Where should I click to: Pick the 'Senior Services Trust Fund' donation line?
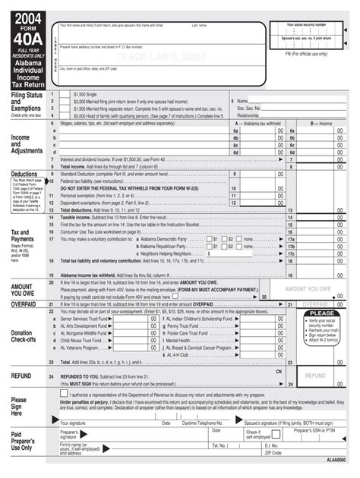tap(84, 319)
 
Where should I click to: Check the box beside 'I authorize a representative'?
tap(63, 393)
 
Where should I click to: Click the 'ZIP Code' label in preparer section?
tap(274, 452)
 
